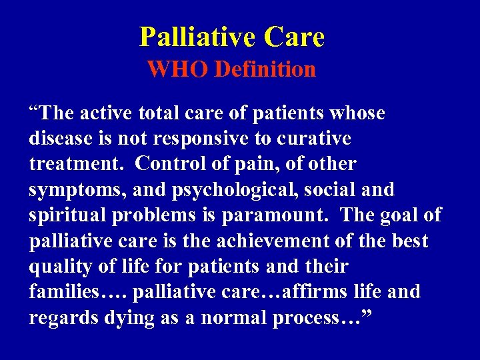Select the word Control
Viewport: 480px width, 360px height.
click(x=182, y=164)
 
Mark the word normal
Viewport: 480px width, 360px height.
click(x=229, y=318)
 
